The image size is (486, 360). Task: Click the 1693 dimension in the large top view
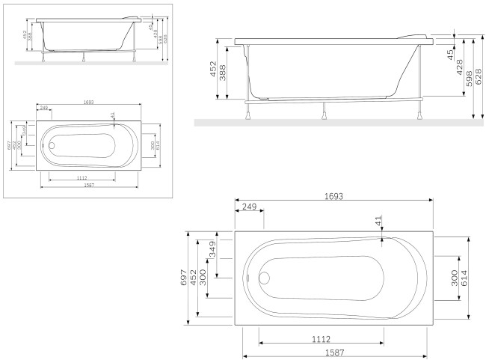(333, 195)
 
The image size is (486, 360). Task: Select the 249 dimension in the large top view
(249, 206)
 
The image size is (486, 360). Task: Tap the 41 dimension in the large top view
(378, 221)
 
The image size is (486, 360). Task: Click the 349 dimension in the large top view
(212, 250)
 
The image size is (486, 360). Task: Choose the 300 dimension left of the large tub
(203, 278)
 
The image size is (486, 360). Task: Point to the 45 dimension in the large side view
(450, 54)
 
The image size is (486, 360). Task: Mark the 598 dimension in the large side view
(470, 73)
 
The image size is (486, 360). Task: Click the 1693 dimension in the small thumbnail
(87, 101)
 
